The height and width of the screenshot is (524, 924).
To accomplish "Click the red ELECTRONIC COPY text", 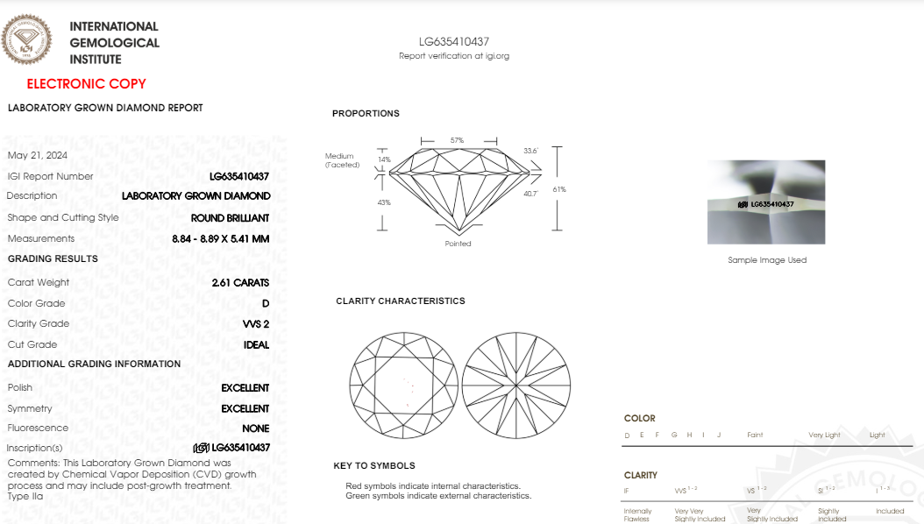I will point(86,84).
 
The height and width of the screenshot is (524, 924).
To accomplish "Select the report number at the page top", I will point(453,41).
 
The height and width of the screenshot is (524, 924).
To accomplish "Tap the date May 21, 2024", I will point(37,155).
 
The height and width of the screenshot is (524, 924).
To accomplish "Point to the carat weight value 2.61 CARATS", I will point(240,283).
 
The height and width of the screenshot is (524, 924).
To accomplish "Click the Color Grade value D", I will point(266,304).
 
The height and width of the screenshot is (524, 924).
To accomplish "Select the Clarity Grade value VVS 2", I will point(256,324).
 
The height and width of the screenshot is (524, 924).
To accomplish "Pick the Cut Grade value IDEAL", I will point(256,345).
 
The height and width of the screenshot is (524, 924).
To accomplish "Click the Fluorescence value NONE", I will point(255,428).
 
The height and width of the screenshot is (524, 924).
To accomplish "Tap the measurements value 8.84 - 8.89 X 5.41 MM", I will point(221,239).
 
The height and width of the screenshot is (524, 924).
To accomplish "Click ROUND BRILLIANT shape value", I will point(230,218).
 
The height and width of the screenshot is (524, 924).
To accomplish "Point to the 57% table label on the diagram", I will point(457,140).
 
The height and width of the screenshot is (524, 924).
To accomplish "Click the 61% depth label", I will point(559,189).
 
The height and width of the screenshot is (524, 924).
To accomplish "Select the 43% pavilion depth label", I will point(384,202).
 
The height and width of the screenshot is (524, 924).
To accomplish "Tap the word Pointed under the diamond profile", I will point(458,244).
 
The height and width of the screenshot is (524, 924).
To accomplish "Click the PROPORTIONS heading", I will point(366,114).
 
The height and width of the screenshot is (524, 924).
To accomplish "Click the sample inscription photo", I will point(766,202).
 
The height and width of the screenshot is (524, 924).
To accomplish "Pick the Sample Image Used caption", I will point(767,260).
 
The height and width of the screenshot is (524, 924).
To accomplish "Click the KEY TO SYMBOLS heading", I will point(374,466).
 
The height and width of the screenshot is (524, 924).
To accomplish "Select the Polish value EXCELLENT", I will point(245,388).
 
